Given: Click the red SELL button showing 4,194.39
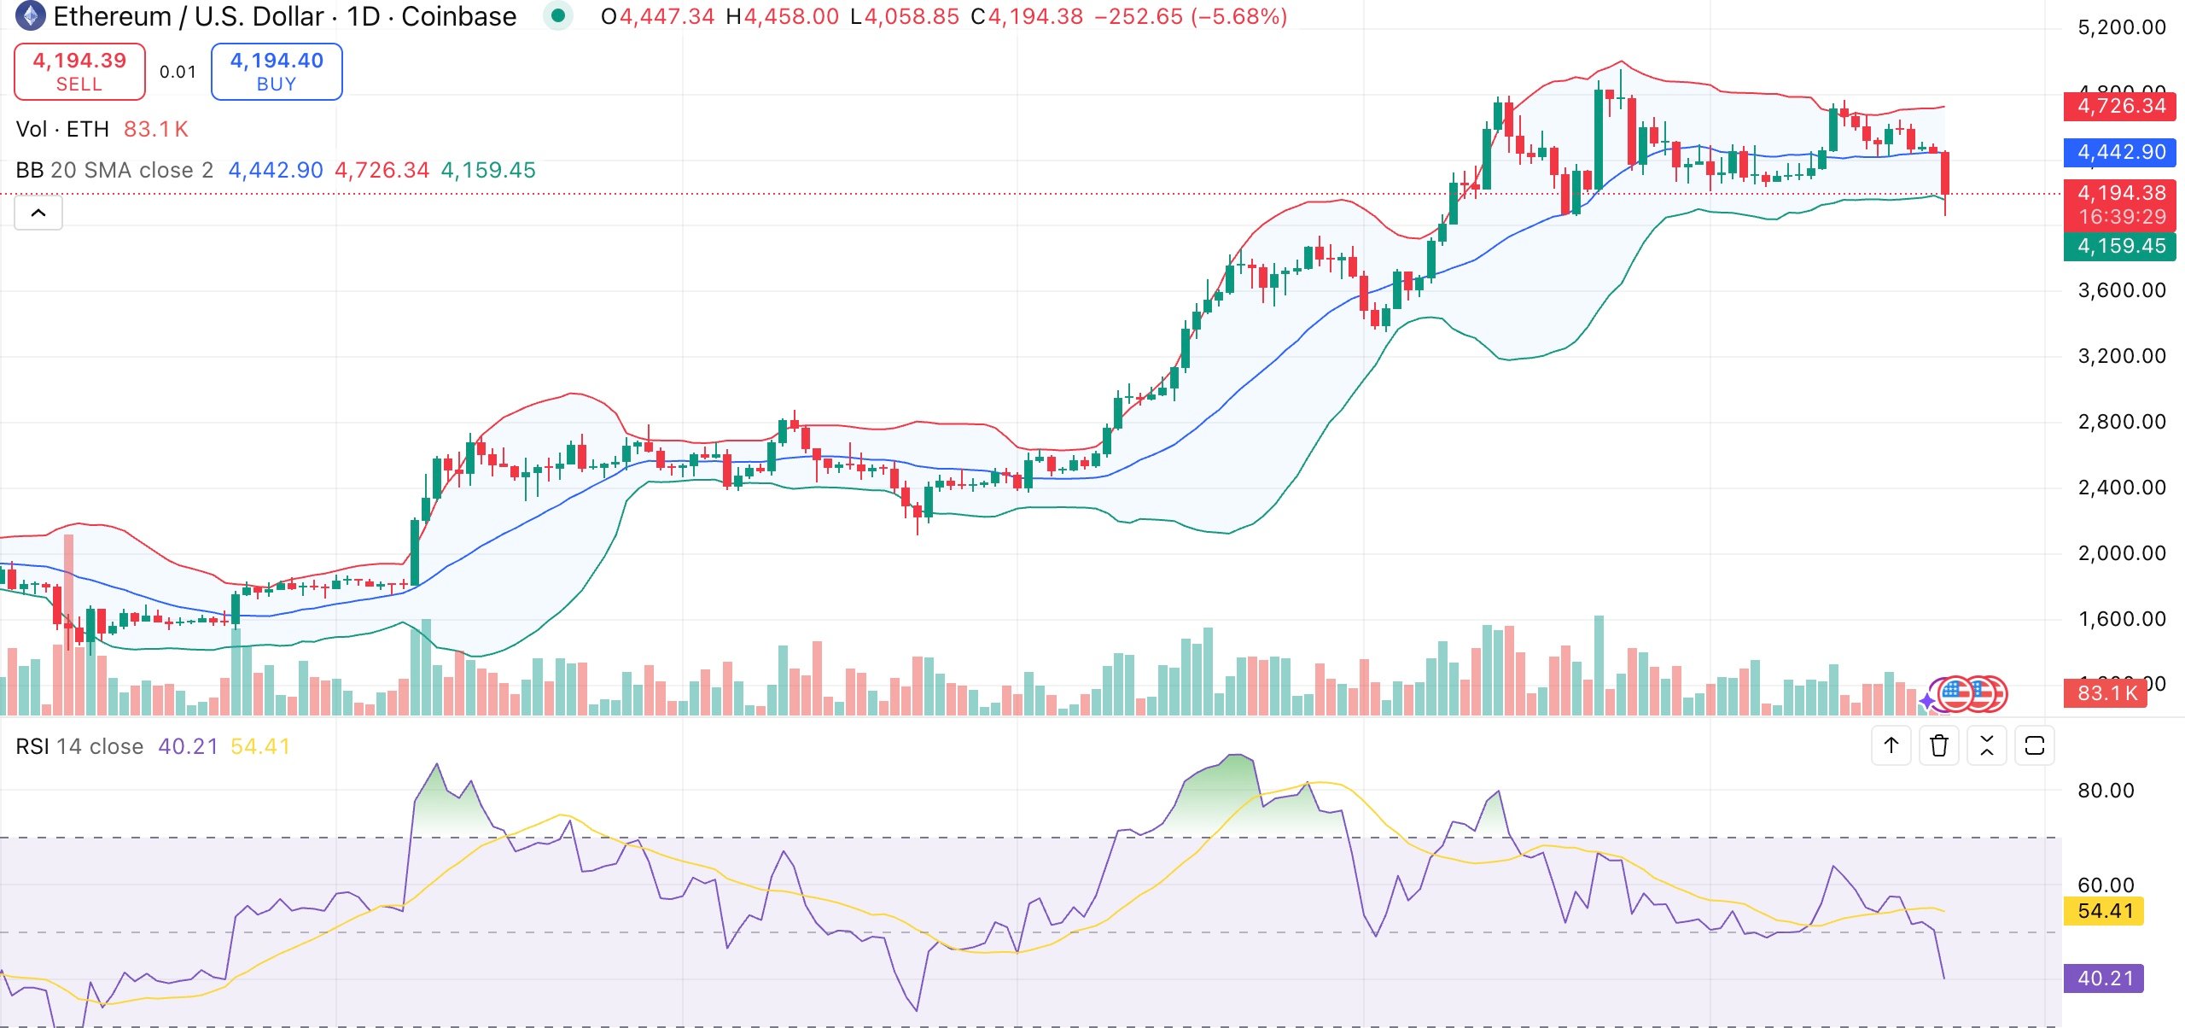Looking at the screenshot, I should (x=79, y=72).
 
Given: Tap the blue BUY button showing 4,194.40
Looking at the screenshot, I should (x=277, y=72).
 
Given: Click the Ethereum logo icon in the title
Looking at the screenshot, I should (x=31, y=16).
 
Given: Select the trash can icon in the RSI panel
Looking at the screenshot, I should (x=1938, y=745).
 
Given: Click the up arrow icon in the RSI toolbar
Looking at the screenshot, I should (x=1891, y=745).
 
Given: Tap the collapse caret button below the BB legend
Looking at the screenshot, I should (x=38, y=213).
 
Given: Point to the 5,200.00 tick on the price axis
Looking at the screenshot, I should (x=2121, y=27).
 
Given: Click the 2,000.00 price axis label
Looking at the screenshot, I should (x=2121, y=553).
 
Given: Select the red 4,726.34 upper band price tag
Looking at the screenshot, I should (x=2121, y=106).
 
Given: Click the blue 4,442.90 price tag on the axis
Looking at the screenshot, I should (x=2121, y=152).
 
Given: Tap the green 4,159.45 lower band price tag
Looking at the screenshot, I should (x=2121, y=246).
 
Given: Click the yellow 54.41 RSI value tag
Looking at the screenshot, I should (x=2105, y=910).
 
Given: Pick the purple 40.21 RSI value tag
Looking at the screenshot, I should (x=2105, y=978).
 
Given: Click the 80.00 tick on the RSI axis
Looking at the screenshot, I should (x=2105, y=790).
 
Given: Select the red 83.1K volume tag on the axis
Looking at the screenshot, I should (x=2106, y=692).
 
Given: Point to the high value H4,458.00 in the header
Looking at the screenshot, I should (x=783, y=16).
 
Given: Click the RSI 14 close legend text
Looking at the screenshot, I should (x=79, y=746).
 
